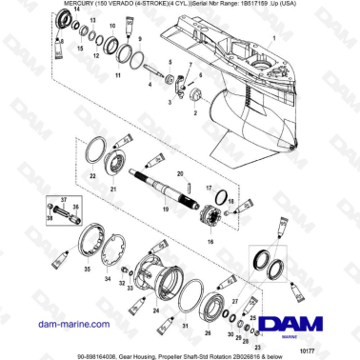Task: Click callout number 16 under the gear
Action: [x=210, y=243]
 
